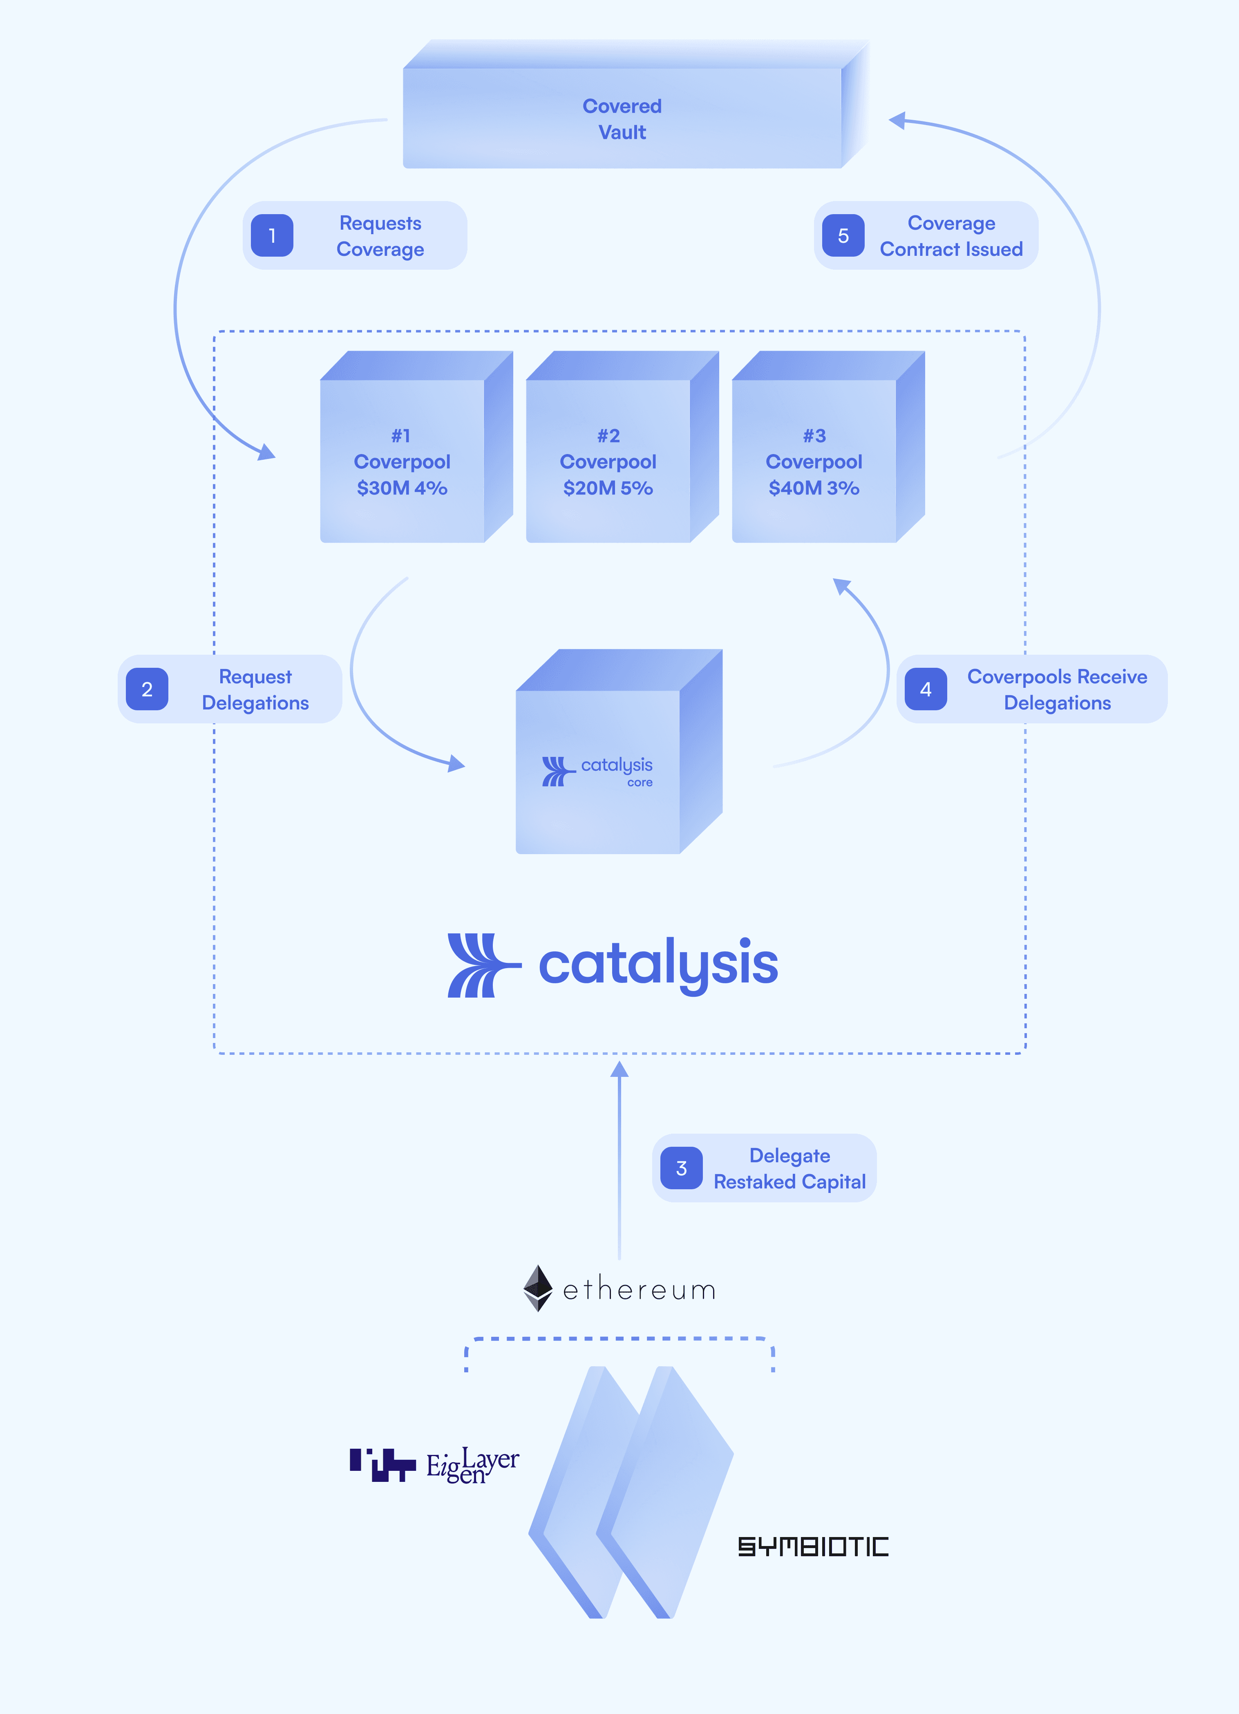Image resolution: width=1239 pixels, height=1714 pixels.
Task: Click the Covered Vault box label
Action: tap(622, 119)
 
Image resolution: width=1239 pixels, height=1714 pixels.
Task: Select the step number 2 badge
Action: tap(147, 689)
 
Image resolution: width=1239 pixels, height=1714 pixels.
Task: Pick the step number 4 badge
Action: tap(926, 689)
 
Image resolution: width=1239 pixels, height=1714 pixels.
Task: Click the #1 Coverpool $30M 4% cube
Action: tap(402, 461)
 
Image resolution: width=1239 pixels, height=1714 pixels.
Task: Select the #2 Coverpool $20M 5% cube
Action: tap(608, 461)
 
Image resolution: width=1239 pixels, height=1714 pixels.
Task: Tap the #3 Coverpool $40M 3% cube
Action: tap(814, 461)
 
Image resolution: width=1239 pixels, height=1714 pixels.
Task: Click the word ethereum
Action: tap(639, 1289)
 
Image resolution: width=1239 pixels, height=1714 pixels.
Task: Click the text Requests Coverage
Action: tap(380, 236)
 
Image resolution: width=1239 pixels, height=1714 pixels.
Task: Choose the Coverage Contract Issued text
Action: tap(951, 236)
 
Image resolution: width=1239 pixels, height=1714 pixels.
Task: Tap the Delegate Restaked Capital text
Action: tap(789, 1168)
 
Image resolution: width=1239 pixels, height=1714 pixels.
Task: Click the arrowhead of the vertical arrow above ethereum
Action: tap(619, 1070)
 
